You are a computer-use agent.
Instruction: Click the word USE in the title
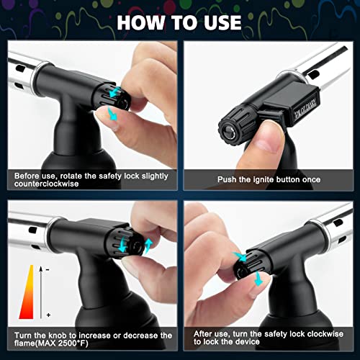217,20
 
